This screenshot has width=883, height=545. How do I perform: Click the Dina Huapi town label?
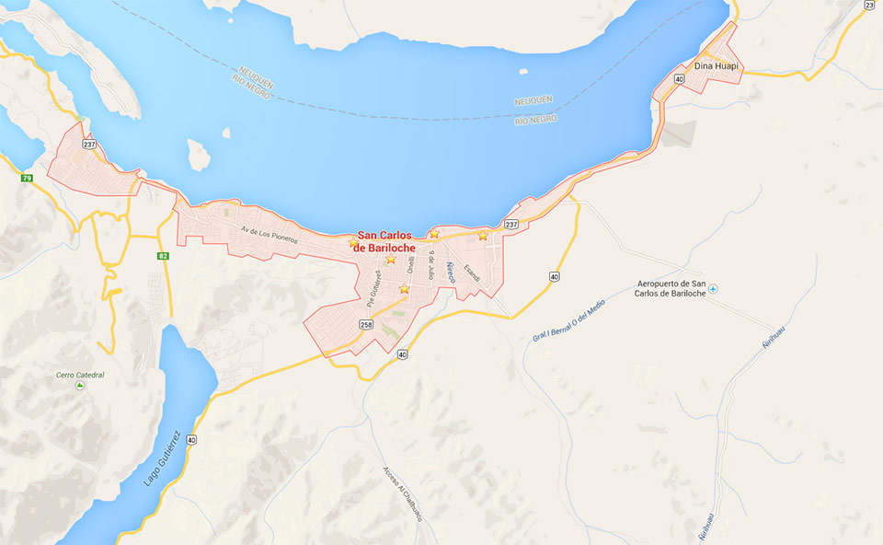(x=717, y=66)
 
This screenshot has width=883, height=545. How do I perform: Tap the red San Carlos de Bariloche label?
(x=384, y=241)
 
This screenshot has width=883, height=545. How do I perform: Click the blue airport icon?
(x=713, y=289)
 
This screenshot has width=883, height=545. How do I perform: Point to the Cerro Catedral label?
(x=80, y=375)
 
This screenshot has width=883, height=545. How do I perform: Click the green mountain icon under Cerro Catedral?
(x=80, y=386)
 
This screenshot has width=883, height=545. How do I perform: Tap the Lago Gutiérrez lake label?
(x=161, y=458)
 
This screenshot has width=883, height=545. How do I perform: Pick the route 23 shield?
(x=869, y=6)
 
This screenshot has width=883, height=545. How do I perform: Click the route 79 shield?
(x=27, y=178)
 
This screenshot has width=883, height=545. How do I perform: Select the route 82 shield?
(x=163, y=256)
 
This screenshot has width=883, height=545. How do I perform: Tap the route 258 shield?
(x=366, y=325)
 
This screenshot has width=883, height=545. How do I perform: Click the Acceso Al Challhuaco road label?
(x=402, y=494)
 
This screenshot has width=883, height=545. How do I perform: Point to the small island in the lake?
(x=199, y=155)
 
